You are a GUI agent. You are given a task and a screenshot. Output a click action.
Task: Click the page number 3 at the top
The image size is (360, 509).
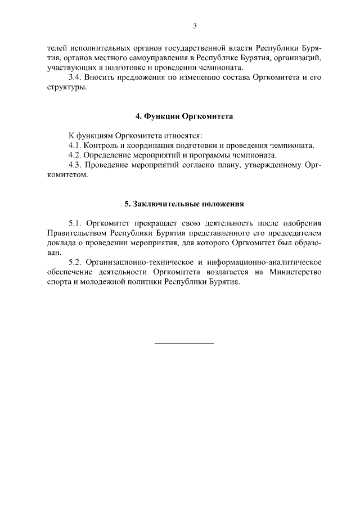[x=195, y=25]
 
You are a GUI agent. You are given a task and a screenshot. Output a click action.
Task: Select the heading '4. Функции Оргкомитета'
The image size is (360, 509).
[x=184, y=116]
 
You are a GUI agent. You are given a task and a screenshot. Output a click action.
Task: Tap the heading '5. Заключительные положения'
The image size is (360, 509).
[x=184, y=203]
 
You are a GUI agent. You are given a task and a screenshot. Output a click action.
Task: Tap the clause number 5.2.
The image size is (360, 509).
[x=75, y=262]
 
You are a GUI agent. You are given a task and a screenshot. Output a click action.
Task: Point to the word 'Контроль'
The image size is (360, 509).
[x=100, y=145]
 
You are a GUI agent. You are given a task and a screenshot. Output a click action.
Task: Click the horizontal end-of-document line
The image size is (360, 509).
[x=184, y=343]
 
